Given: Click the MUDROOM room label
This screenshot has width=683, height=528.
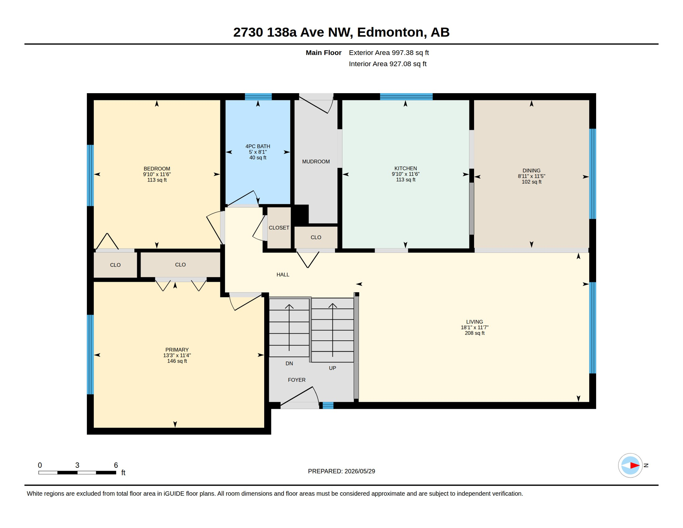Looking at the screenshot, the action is (316, 162).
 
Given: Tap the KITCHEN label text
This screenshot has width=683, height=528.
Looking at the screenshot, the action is (405, 168).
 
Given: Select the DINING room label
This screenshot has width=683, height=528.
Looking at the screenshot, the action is (531, 170).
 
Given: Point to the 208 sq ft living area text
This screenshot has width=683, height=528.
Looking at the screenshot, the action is (474, 333).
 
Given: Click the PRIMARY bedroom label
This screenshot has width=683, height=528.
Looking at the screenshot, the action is (177, 350).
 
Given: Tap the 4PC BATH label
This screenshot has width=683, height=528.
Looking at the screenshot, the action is (258, 146).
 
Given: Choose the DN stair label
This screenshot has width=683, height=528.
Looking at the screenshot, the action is (289, 363).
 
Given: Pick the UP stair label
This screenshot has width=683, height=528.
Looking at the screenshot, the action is (332, 368).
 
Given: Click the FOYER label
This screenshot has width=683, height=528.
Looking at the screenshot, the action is (296, 380).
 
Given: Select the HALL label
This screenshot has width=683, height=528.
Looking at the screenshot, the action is (283, 275).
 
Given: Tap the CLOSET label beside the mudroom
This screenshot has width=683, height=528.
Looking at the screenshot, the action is (279, 228).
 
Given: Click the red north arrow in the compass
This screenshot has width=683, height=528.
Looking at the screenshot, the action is (635, 465).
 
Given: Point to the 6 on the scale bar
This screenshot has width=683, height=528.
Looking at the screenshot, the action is (116, 465).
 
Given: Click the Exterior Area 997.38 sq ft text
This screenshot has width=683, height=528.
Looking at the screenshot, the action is (389, 53).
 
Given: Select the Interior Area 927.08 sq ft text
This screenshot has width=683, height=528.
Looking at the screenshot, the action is (388, 64).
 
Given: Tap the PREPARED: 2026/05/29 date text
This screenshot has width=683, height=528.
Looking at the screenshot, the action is (341, 471).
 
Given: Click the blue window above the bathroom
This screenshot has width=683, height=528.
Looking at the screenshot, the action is (258, 97).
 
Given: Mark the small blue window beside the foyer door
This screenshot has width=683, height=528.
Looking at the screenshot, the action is (328, 406).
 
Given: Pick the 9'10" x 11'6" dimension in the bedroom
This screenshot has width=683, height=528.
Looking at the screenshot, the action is (157, 174).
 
